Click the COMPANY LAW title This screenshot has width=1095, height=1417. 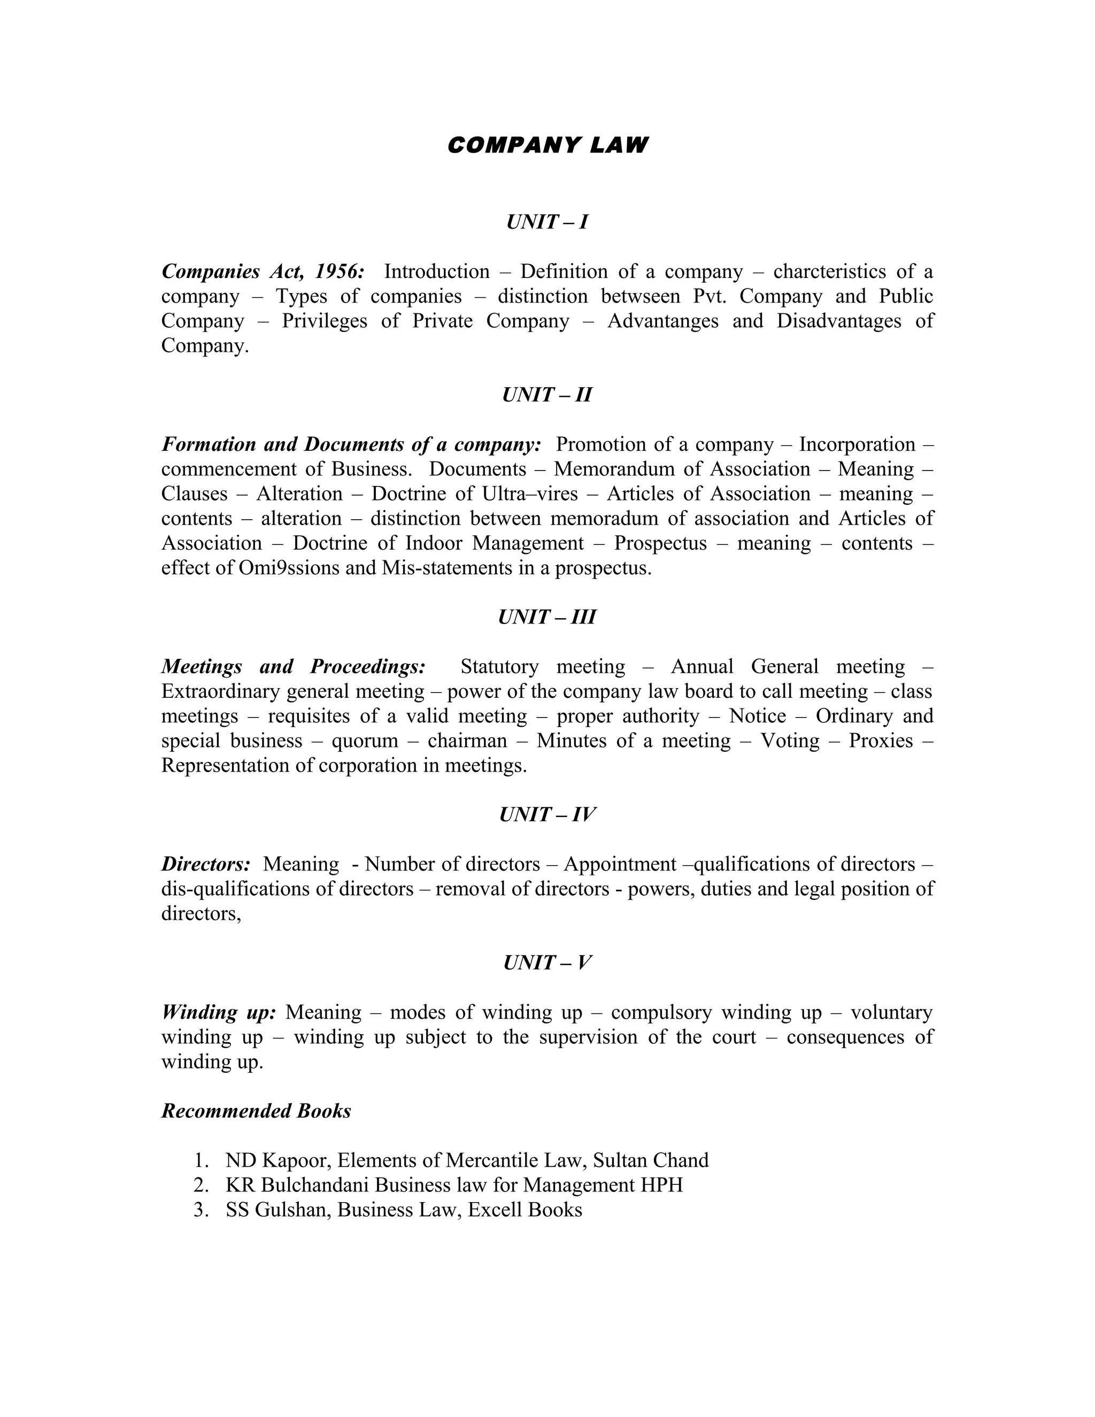tap(547, 145)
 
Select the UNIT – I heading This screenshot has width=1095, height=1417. tap(547, 222)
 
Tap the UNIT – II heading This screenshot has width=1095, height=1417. tap(547, 395)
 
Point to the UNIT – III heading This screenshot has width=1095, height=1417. tap(547, 617)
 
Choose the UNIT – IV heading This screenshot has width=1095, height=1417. tap(547, 814)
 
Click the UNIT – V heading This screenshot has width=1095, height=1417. tap(547, 962)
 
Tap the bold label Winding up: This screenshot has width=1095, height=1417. tap(219, 1012)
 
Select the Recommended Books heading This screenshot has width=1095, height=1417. tap(256, 1111)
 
